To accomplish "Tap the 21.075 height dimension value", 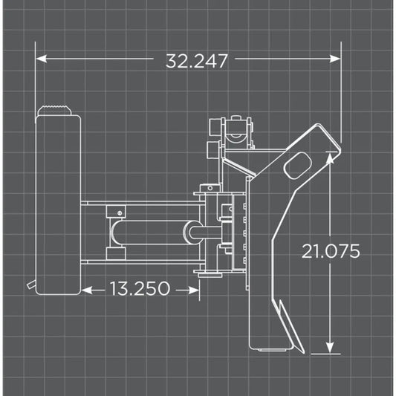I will click(x=331, y=251).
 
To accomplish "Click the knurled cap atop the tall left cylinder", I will click(x=58, y=111).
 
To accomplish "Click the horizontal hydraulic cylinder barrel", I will click(x=152, y=233).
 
